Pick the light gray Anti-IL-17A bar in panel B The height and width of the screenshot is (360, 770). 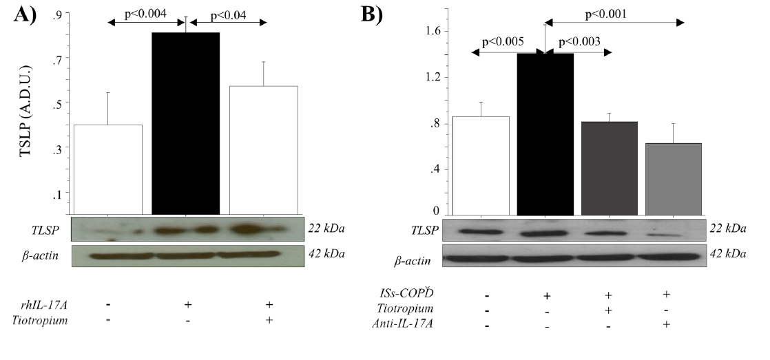pyautogui.click(x=673, y=178)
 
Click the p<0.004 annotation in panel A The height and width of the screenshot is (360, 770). pyautogui.click(x=146, y=13)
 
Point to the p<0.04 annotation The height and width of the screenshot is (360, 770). pyautogui.click(x=229, y=13)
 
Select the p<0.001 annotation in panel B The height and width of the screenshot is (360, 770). pyautogui.click(x=609, y=13)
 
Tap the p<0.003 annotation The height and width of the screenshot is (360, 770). pyautogui.click(x=577, y=42)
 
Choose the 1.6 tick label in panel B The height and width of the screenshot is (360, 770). pyautogui.click(x=433, y=31)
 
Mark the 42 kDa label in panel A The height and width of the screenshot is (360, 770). pyautogui.click(x=326, y=254)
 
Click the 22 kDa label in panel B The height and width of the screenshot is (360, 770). pyautogui.click(x=727, y=229)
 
